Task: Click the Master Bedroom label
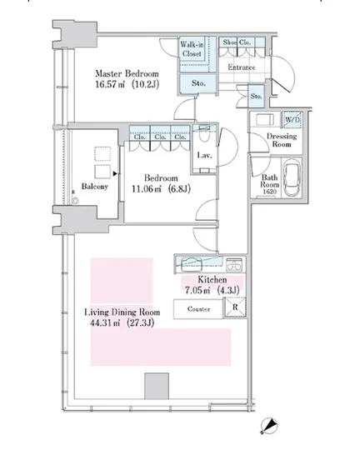[127, 74]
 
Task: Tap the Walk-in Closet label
[192, 49]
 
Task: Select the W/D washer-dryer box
[292, 119]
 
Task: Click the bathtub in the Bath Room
[292, 177]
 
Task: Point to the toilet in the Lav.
[204, 134]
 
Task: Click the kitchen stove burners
[234, 265]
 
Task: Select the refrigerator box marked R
[235, 307]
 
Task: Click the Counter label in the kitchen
[198, 309]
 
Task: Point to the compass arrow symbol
[269, 426]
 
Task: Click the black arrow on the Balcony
[115, 173]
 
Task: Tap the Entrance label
[242, 67]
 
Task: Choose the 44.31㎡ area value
[105, 322]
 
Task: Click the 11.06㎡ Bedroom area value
[147, 189]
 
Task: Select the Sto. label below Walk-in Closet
[198, 83]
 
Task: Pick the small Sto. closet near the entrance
[256, 96]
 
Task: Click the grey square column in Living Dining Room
[157, 386]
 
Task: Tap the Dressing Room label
[282, 140]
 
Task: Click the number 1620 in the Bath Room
[269, 192]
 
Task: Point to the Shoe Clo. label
[237, 42]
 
